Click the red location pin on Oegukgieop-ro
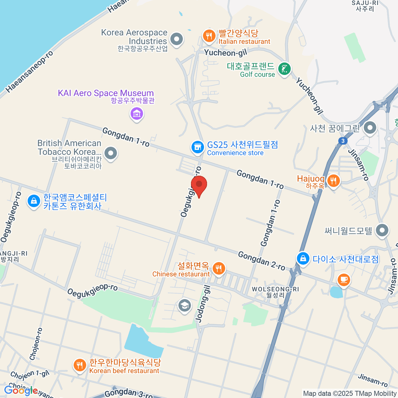[x=199, y=185]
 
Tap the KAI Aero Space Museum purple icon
[x=137, y=114]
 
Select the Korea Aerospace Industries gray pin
[x=176, y=39]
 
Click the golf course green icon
[x=284, y=69]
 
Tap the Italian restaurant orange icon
[x=209, y=36]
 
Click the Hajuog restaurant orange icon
[x=333, y=181]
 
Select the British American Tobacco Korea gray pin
[x=110, y=153]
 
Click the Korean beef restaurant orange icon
[x=79, y=365]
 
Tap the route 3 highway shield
[x=343, y=141]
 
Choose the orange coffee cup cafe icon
[x=344, y=279]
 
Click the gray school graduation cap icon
[x=184, y=305]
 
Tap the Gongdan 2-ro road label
[x=261, y=261]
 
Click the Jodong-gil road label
[x=203, y=304]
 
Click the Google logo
[x=21, y=391]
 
